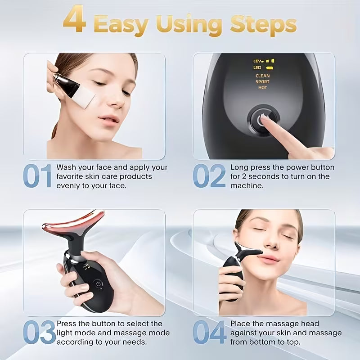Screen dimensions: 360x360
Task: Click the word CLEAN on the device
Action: point(262,76)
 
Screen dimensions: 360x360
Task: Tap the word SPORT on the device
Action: point(262,82)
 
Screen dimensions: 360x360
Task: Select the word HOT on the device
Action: point(262,88)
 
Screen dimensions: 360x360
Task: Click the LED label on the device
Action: point(257,67)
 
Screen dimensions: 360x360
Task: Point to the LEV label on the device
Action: point(257,60)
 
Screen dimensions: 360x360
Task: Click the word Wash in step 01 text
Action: point(66,167)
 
